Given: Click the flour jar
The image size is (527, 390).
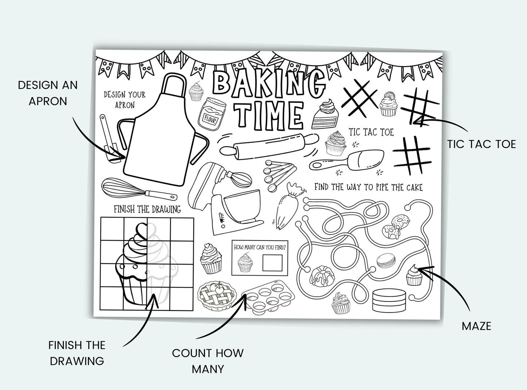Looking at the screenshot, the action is click(x=212, y=114).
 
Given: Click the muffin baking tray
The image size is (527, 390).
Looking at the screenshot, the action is click(x=268, y=297).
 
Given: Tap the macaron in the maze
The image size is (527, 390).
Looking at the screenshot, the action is click(x=386, y=261).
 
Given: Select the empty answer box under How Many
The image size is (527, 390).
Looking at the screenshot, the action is click(x=272, y=263).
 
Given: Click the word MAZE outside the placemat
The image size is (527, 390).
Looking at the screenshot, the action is click(x=476, y=326).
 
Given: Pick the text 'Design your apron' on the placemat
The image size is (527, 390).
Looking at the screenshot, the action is click(x=125, y=100).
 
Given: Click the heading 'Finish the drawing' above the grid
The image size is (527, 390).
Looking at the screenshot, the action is click(x=147, y=209).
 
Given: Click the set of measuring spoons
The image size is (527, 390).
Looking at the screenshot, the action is click(x=279, y=175).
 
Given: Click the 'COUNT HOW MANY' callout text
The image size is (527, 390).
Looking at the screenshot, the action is click(x=208, y=361).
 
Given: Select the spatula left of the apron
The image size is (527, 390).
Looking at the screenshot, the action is click(x=109, y=139).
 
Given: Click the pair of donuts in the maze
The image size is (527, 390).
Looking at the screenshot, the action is click(x=396, y=227).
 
